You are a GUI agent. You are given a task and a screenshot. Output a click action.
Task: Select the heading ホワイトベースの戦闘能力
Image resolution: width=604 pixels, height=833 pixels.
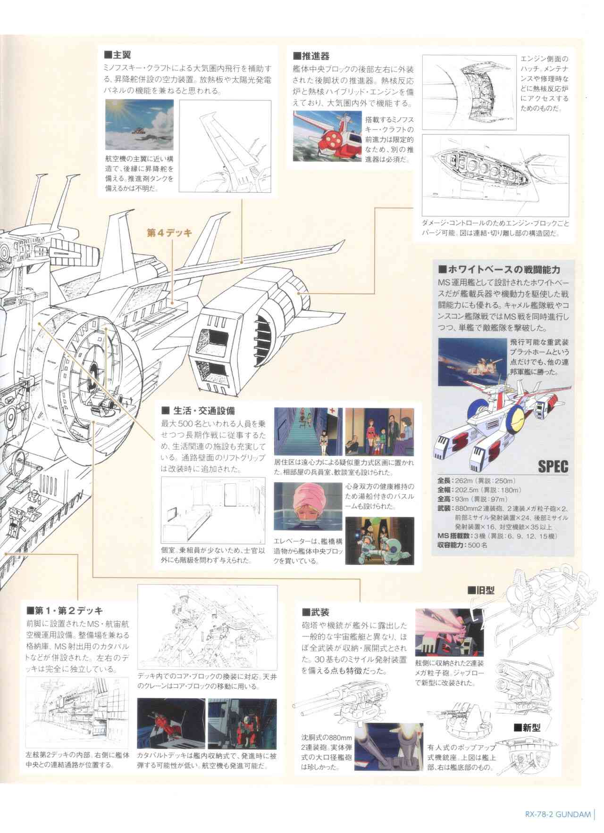pyautogui.click(x=499, y=270)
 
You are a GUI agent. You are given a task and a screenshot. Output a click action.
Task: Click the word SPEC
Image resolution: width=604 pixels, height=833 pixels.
pyautogui.click(x=553, y=467)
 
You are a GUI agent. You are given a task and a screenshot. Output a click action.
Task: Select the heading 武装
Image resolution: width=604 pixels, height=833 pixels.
pyautogui.click(x=316, y=612)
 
